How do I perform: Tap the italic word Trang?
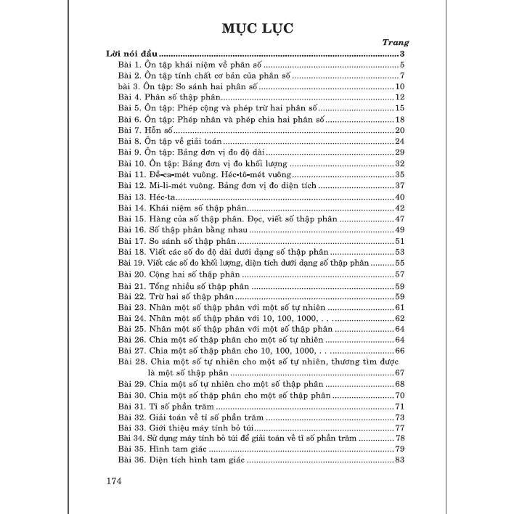[396, 42]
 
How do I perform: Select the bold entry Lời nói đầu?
[131, 54]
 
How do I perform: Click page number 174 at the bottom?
[117, 481]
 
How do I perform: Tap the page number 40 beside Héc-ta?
[399, 197]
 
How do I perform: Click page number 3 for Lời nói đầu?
[401, 54]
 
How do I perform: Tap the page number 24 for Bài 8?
[399, 141]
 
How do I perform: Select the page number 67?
[399, 372]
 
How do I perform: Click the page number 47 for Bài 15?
[399, 219]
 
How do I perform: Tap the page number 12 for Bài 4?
[399, 97]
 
